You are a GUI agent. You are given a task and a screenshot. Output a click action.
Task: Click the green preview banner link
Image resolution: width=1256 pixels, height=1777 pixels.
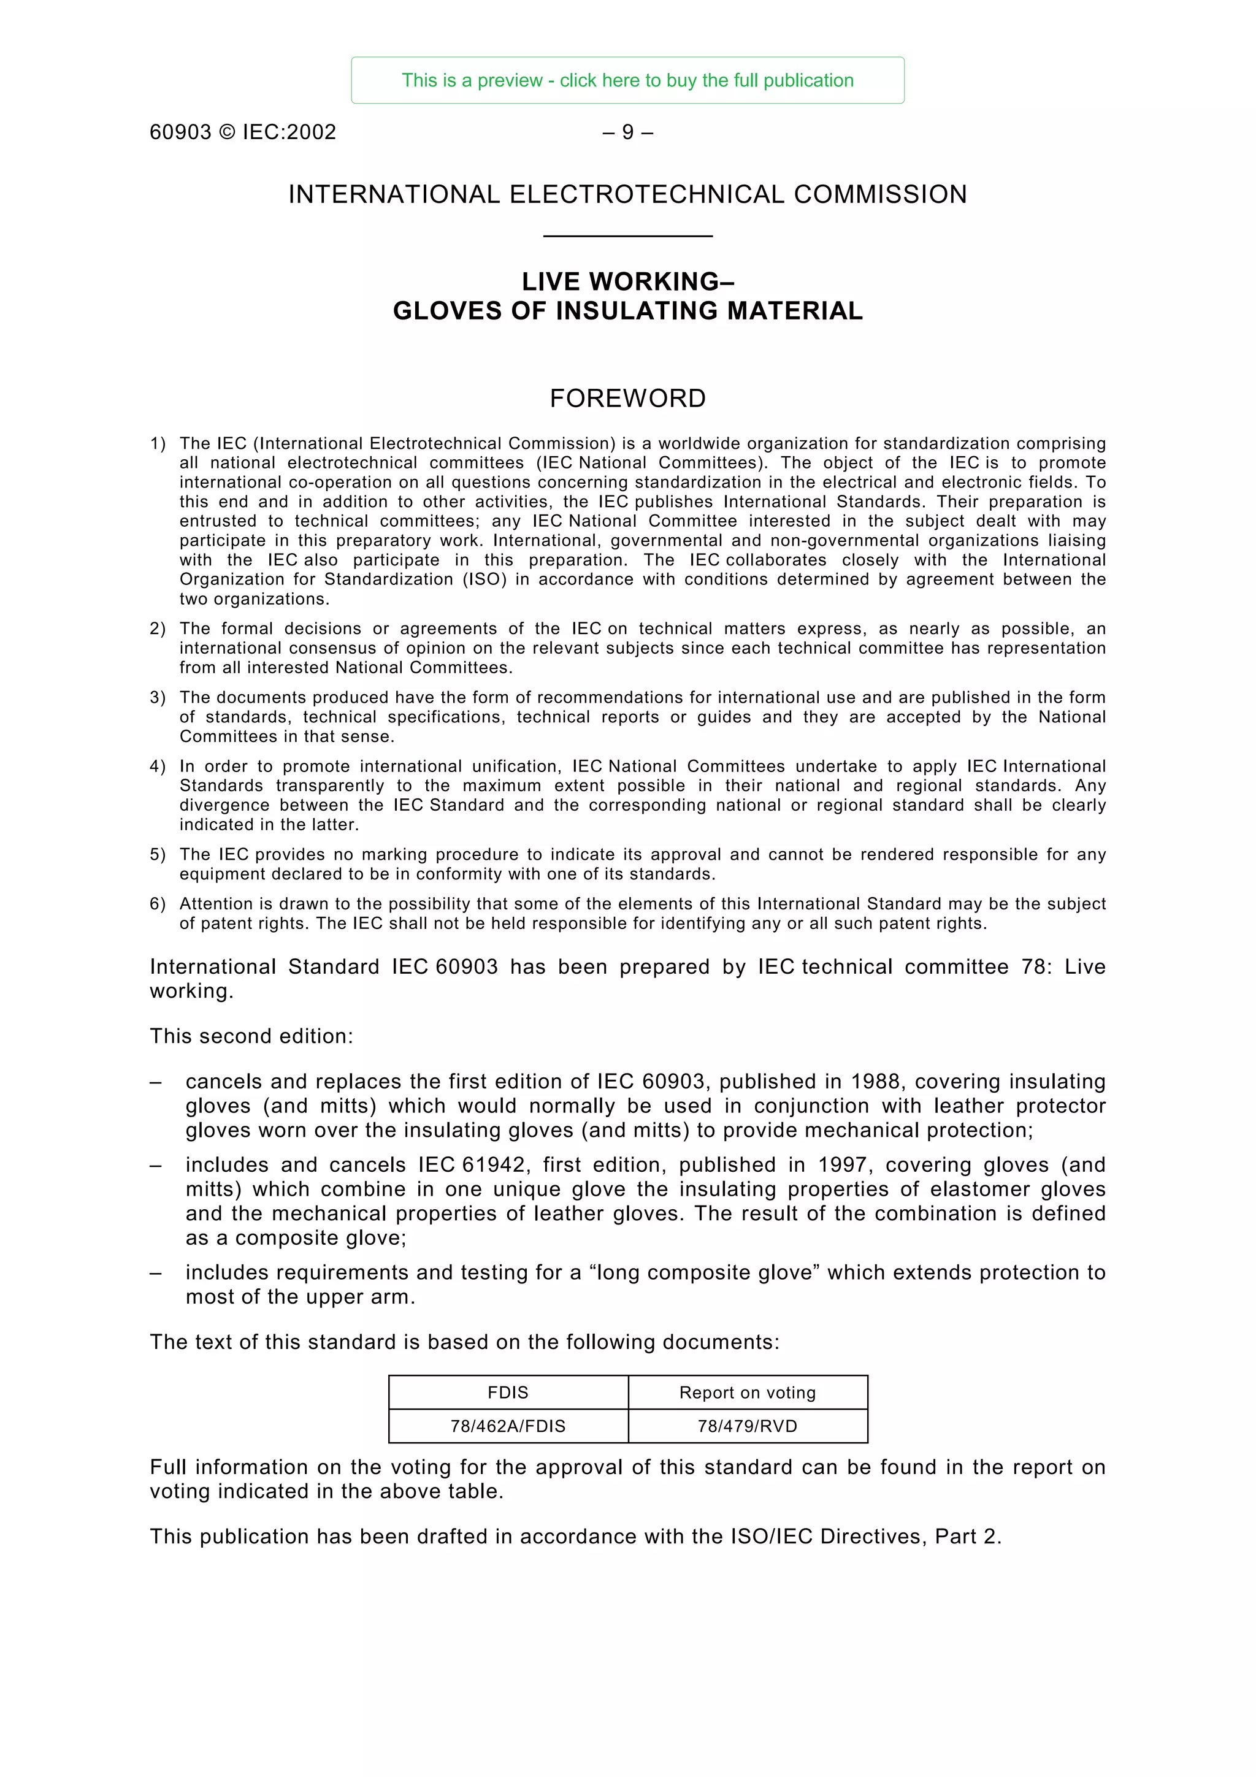click(x=627, y=80)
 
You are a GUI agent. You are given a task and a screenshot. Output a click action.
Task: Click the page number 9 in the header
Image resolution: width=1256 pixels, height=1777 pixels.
click(x=627, y=132)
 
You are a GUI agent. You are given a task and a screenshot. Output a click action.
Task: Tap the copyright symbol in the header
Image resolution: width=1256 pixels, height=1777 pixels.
click(x=227, y=132)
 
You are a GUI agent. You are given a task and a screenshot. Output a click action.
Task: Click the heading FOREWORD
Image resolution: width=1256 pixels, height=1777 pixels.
click(x=627, y=399)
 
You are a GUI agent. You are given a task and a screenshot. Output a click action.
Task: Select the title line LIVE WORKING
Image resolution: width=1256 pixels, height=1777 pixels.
click(x=627, y=281)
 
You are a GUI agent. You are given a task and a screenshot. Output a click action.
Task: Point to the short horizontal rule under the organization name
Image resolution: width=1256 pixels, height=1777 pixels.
click(x=627, y=236)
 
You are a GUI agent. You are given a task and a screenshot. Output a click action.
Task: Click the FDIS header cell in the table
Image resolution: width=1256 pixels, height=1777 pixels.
click(x=508, y=1393)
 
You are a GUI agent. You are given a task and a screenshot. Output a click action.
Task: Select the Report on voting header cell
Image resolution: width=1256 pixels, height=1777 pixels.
click(x=748, y=1393)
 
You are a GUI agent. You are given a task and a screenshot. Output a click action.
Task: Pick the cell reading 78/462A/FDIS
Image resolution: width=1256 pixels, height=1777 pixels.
click(x=508, y=1426)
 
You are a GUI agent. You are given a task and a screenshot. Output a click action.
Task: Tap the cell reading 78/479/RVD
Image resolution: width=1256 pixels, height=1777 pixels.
click(x=748, y=1426)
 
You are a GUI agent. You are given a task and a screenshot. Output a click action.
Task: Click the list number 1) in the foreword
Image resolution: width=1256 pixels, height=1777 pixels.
click(x=157, y=443)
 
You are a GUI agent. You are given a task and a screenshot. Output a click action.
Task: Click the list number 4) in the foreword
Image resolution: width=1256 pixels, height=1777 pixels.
click(x=157, y=766)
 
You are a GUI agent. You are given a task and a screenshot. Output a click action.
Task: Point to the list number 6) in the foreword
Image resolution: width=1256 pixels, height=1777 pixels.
click(x=157, y=904)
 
